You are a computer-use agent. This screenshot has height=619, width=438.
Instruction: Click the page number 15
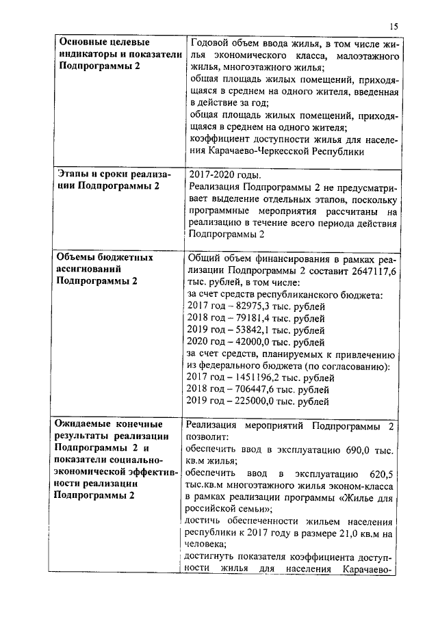(393, 26)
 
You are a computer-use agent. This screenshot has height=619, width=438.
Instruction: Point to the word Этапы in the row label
(72, 174)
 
